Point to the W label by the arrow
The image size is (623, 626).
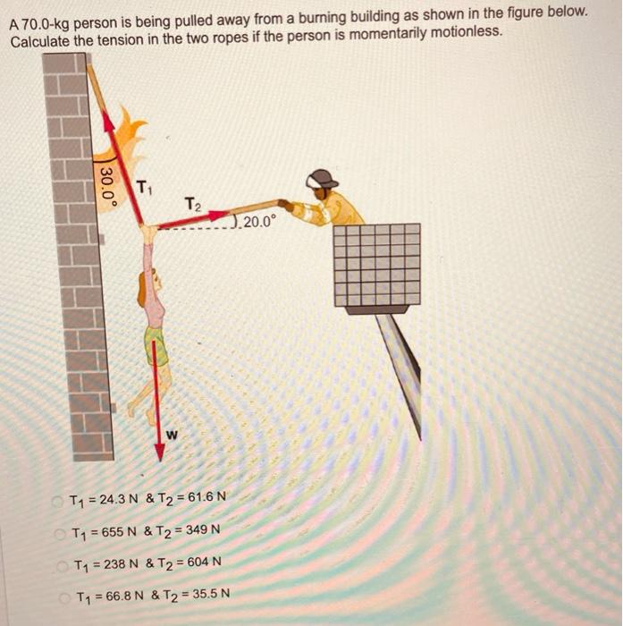172,436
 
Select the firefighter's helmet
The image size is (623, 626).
321,178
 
